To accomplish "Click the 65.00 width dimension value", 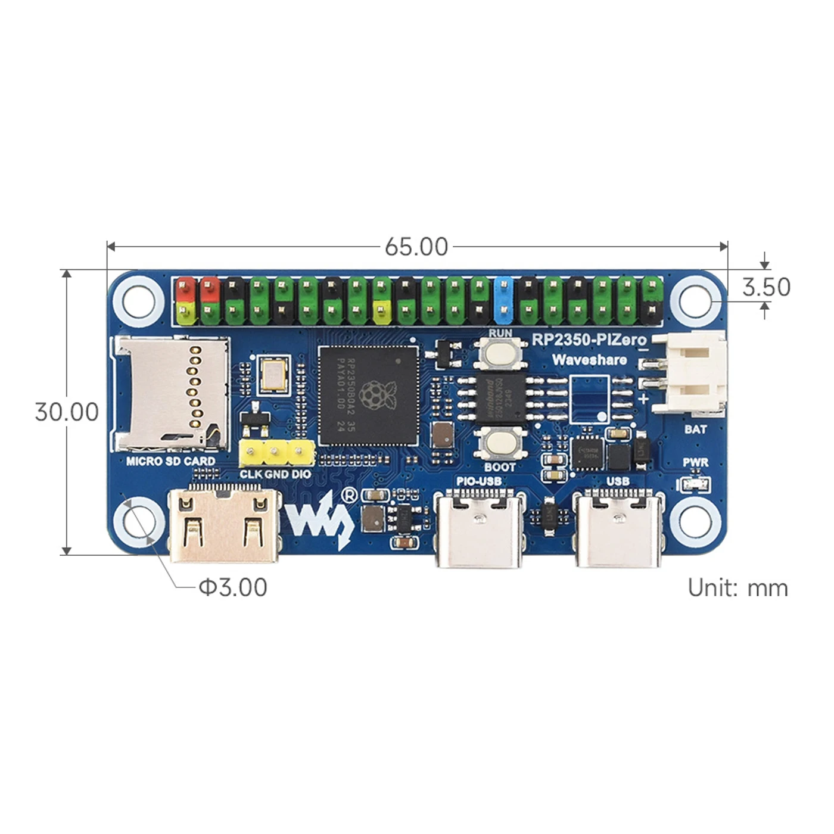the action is [x=416, y=247].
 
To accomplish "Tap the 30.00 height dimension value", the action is [x=67, y=412].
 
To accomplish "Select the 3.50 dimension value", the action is [x=766, y=287].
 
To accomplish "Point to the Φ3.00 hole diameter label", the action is [x=233, y=587].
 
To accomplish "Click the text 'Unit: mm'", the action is [x=737, y=588].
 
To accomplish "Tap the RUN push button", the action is [x=500, y=353].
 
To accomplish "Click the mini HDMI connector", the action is [x=224, y=525].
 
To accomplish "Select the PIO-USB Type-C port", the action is [x=480, y=528].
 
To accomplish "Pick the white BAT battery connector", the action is [x=691, y=373].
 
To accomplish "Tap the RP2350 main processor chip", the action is [x=368, y=395].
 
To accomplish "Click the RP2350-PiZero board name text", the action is [x=589, y=340].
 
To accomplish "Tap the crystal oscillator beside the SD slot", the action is [x=274, y=374].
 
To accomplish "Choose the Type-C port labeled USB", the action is [x=618, y=528].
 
